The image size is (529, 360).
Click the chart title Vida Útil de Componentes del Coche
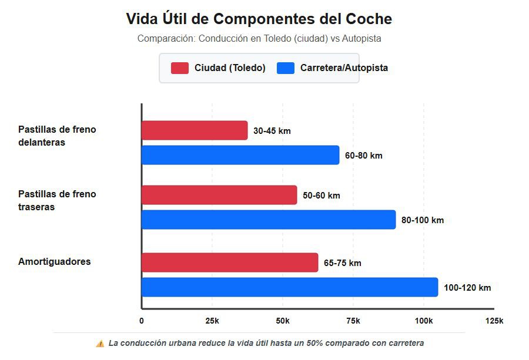(x=259, y=19)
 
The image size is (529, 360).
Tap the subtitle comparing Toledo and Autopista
(x=259, y=39)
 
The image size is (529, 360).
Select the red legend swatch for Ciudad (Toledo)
(x=179, y=68)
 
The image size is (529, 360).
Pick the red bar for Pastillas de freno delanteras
(x=195, y=130)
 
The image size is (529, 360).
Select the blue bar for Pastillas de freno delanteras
(x=240, y=155)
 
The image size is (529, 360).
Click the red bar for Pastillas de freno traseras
(x=219, y=195)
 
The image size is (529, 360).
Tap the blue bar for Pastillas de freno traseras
(x=269, y=220)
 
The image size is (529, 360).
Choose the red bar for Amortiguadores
(x=230, y=263)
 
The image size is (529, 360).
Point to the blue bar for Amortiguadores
(x=290, y=287)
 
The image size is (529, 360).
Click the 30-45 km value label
(x=272, y=131)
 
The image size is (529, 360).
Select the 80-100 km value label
(x=423, y=220)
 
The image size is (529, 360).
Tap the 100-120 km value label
(x=467, y=288)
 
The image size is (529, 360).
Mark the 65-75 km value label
(x=343, y=263)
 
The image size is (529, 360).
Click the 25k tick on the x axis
(x=212, y=321)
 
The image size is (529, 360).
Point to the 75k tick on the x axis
(x=353, y=321)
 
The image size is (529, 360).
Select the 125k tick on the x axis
(x=494, y=321)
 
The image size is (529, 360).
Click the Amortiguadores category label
(x=55, y=261)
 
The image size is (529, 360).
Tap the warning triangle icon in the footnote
(x=100, y=343)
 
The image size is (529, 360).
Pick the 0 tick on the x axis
(x=142, y=321)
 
